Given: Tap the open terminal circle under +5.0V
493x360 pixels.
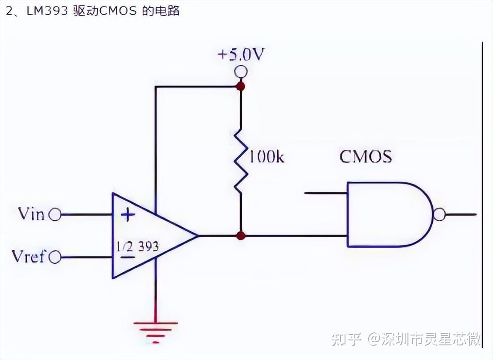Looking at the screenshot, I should tap(241, 71).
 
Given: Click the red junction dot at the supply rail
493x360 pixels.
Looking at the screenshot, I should tap(241, 86).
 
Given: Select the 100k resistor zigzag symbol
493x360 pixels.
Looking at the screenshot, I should tap(241, 160).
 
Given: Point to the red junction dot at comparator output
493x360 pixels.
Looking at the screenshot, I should tap(241, 235).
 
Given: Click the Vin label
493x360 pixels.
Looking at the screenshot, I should tap(31, 214).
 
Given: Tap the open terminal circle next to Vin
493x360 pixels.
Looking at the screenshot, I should tap(54, 215).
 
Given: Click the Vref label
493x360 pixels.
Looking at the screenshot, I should tap(28, 257).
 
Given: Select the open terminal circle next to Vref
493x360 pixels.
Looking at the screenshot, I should tap(54, 258).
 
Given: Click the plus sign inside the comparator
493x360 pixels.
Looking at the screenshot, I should tap(128, 216).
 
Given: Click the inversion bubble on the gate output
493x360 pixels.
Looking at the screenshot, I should tap(439, 215).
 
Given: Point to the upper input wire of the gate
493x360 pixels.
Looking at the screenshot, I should tap(325, 193).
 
